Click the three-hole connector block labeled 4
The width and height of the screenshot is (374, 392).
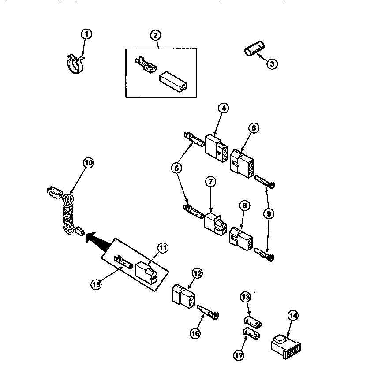(216, 145)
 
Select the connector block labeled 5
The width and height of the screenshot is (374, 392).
(242, 162)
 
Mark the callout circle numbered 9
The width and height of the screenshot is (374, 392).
(269, 213)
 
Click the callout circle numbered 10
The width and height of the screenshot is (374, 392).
(89, 163)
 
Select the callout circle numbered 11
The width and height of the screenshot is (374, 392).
(163, 248)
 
